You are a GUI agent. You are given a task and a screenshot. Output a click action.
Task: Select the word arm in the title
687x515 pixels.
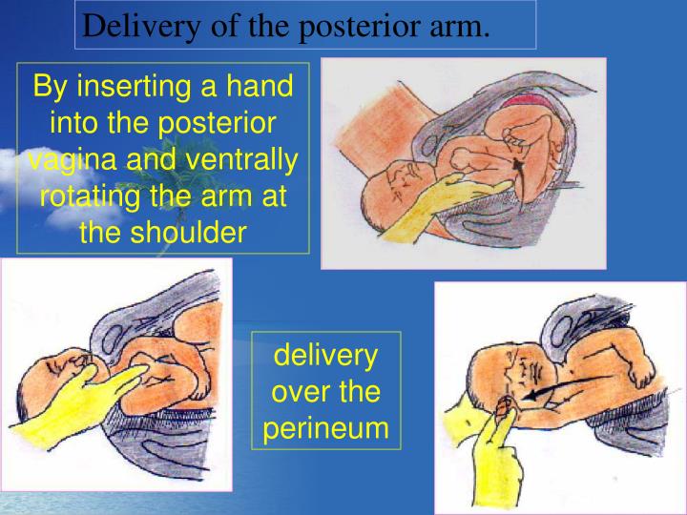(x=462, y=26)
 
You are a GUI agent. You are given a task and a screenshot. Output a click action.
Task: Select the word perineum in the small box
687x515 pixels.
(x=326, y=428)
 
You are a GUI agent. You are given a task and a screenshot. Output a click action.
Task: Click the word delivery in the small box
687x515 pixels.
(x=326, y=356)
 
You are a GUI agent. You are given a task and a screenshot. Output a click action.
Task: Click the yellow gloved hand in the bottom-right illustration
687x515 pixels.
(x=487, y=458)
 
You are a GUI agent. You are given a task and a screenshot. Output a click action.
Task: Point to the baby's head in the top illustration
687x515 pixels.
(x=391, y=186)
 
